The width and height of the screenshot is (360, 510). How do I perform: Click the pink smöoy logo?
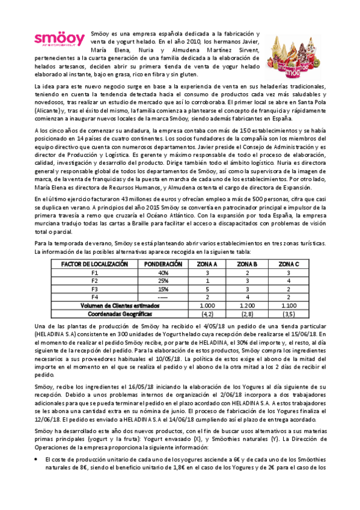59,40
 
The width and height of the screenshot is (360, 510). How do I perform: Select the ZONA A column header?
207,247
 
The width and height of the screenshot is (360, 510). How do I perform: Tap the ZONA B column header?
248,247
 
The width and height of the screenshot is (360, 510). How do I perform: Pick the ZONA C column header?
288,247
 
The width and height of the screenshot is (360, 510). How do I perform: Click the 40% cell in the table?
163,256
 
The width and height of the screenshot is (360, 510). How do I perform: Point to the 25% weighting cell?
163,263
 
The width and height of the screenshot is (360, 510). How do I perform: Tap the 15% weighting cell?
163,272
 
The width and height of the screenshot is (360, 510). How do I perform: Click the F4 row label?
94,280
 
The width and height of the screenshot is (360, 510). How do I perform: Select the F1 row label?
94,256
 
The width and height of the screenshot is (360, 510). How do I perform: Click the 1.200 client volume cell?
248,289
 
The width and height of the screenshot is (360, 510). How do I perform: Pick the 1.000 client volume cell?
207,289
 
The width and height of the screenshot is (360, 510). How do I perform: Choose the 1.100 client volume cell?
288,289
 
